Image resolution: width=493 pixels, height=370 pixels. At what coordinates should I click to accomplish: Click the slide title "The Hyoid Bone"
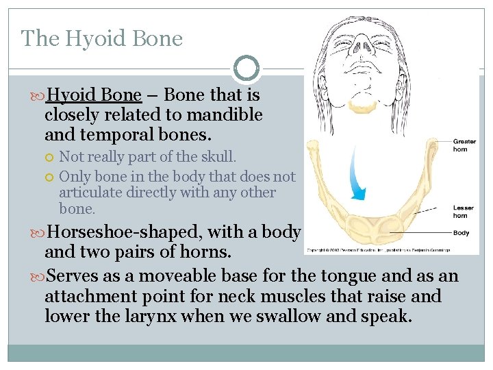[102, 38]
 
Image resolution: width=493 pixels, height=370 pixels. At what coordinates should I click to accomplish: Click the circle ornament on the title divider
[246, 69]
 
